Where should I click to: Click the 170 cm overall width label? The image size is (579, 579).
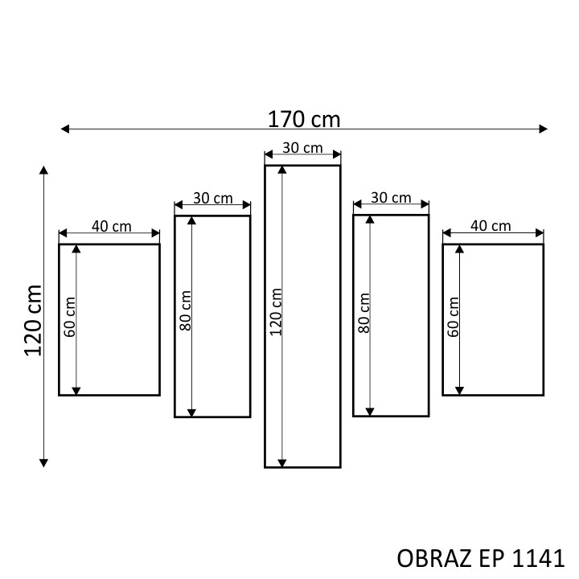303,119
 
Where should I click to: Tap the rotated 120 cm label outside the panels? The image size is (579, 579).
33,321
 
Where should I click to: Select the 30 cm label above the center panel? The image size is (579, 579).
302,148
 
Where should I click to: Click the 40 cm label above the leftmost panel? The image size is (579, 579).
112,226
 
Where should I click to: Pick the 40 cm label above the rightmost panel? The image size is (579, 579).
491,226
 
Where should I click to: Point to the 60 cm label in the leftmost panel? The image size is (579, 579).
69,317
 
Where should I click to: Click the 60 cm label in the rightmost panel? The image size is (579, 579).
453,317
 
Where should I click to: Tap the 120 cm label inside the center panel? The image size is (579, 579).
276,312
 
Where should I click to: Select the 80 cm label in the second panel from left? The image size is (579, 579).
185,310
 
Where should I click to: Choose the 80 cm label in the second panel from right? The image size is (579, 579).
363,313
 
